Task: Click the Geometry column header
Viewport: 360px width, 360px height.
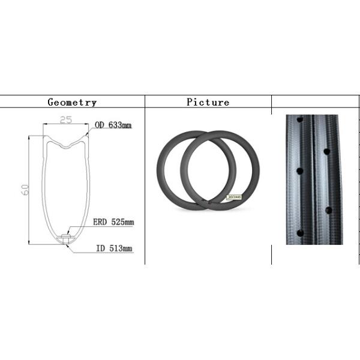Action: pos(72,102)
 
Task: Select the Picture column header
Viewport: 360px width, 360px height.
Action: pos(208,102)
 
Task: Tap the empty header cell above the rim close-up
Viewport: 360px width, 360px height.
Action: pos(315,102)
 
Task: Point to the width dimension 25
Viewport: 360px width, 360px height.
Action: pos(66,121)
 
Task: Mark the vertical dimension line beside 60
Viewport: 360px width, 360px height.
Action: pos(30,190)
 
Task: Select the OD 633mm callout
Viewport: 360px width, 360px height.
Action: pos(113,125)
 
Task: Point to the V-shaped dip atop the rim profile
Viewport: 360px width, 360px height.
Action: pos(65,144)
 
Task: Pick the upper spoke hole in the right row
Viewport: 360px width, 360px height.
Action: pos(327,151)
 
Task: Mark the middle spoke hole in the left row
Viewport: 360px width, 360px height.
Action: pos(299,171)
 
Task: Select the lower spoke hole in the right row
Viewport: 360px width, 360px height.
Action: pos(328,210)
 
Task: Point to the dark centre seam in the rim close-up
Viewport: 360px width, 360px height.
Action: pos(313,180)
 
